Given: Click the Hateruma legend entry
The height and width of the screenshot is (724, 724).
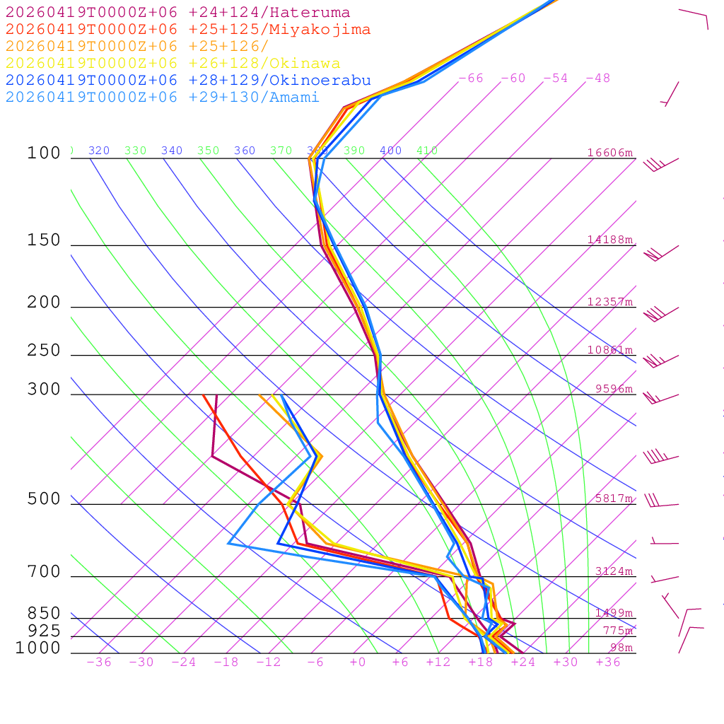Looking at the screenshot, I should [177, 13].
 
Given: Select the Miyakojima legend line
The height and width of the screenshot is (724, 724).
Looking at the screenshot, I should [187, 30].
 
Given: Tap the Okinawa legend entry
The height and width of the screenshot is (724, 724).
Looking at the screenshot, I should [173, 64].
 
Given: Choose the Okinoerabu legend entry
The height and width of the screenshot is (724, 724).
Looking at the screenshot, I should [187, 81].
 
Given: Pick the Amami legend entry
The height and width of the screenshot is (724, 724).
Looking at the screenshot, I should [162, 98].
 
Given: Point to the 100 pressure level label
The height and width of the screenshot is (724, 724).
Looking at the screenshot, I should [44, 153].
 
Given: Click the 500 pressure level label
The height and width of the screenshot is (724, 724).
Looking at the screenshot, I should [44, 500].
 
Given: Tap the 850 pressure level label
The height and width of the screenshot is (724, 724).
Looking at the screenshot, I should [44, 614].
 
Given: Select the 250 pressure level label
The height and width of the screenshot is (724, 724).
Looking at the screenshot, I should [44, 351].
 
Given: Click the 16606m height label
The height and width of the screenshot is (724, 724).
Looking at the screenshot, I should [609, 153].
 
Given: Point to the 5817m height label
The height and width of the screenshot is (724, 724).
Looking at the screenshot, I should [614, 498].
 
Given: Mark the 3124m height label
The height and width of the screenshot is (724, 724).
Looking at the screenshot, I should [614, 571].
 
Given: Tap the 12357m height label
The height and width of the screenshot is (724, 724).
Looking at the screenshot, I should [609, 302].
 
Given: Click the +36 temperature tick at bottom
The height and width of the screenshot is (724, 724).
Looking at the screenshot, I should [608, 662].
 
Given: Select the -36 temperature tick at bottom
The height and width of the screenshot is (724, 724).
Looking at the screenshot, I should [99, 662].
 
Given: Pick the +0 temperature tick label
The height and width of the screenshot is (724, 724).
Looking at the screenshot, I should [358, 662].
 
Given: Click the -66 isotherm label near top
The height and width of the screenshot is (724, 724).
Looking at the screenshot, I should [470, 78].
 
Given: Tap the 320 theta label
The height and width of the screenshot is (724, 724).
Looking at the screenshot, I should [99, 151].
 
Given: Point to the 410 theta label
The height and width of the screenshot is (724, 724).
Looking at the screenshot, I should [427, 151].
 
